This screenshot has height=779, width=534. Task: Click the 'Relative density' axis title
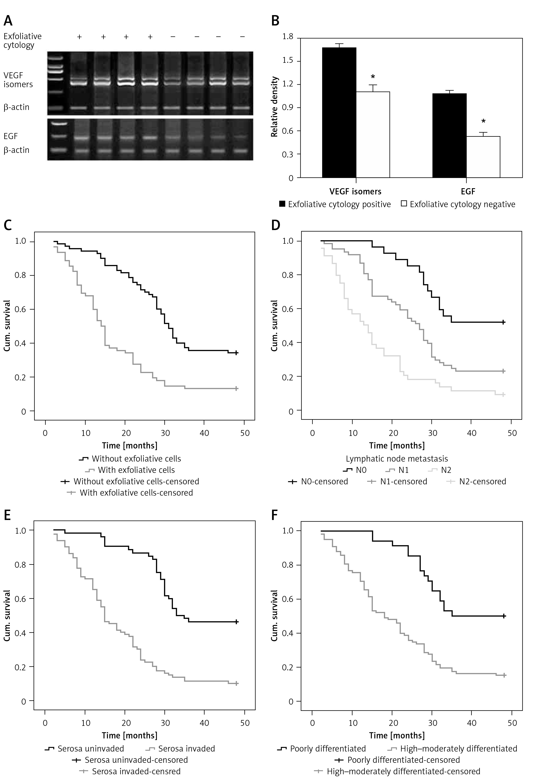pos(274,107)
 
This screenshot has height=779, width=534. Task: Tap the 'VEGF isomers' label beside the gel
pos(18,80)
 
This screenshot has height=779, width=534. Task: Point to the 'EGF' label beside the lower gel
pos(11,136)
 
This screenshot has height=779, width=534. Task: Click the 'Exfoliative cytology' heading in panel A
pos(22,41)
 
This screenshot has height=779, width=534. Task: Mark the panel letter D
pos(276,225)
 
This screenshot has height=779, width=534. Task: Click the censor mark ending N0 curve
pos(503,322)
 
